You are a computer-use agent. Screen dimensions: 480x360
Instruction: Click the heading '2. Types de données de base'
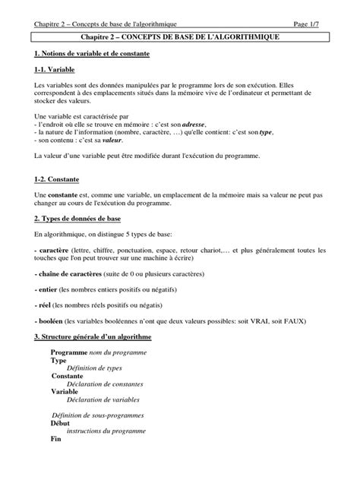click(x=77, y=219)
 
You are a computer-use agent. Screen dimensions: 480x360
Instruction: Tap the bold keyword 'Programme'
click(x=69, y=354)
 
